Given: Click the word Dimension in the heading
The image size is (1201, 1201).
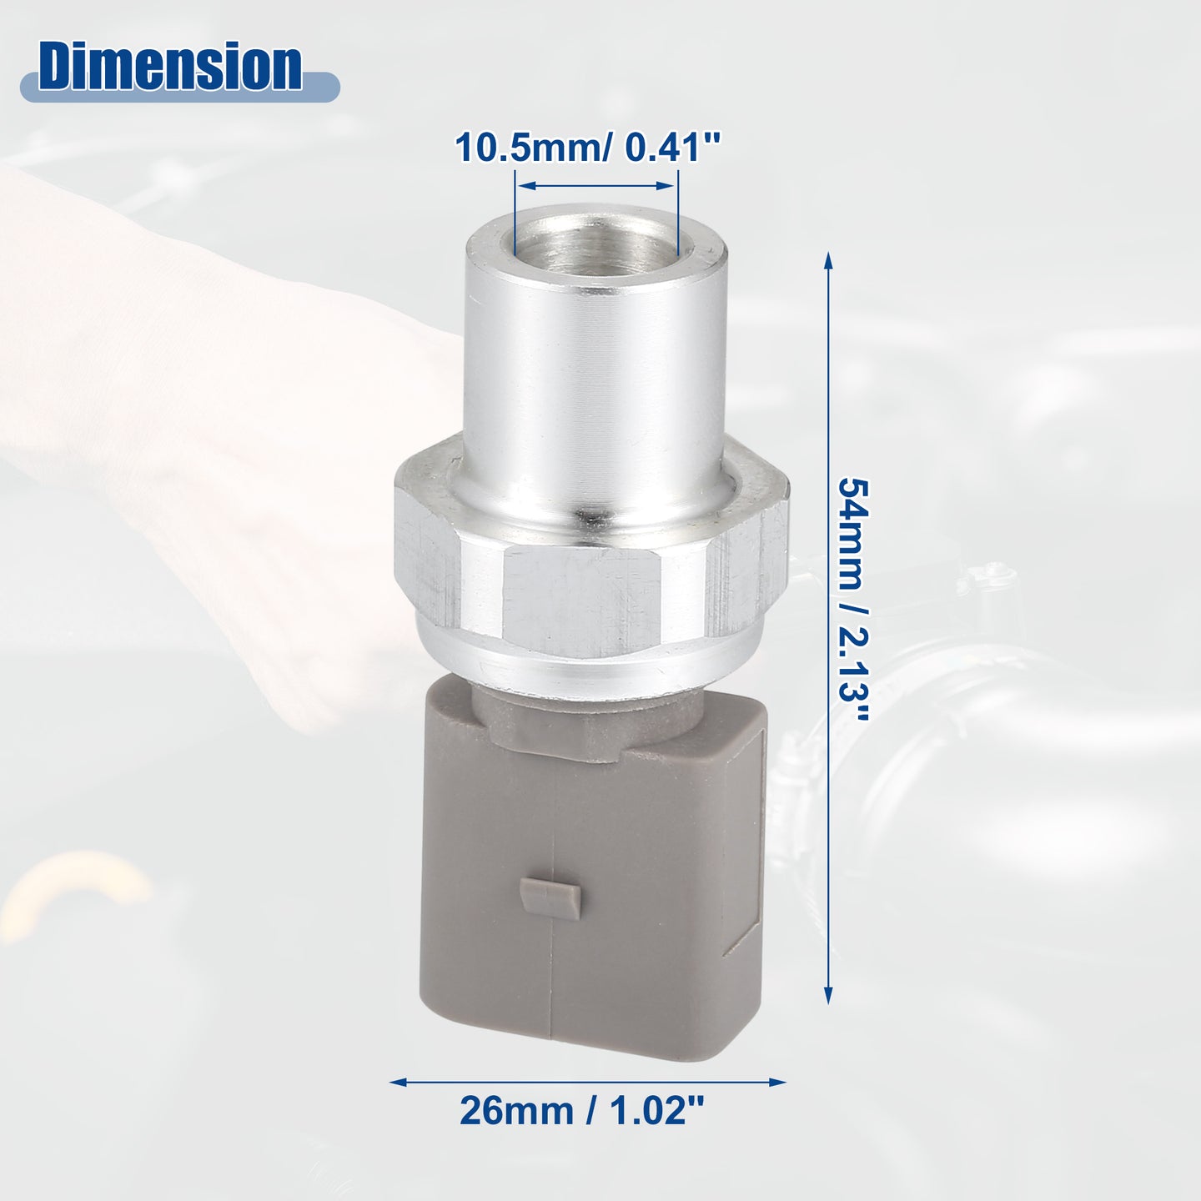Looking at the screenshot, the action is (169, 68).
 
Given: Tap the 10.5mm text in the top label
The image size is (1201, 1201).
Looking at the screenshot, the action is (532, 148).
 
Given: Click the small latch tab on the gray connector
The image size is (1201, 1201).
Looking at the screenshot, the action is (549, 897).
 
